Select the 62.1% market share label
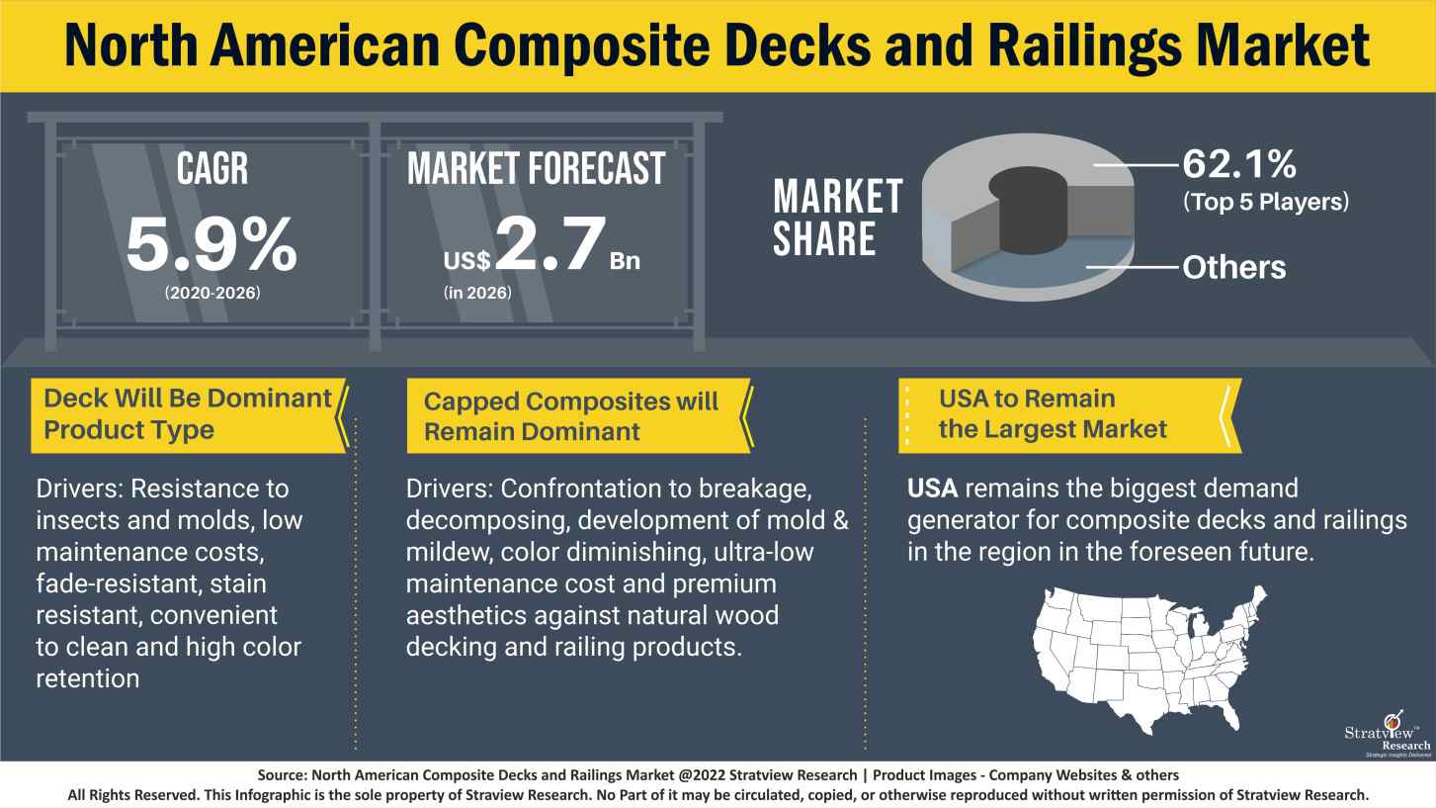(x=1238, y=162)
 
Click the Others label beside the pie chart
(x=1234, y=267)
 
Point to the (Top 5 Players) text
(x=1265, y=202)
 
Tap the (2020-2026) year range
(x=211, y=295)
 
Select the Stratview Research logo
(x=1387, y=733)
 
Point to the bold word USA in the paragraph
(x=934, y=489)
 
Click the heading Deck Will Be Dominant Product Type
(x=188, y=414)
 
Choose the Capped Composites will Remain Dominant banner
(x=571, y=416)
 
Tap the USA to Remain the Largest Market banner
(x=1053, y=414)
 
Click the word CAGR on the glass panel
(x=211, y=169)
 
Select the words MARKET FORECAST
(x=537, y=169)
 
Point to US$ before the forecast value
(x=466, y=261)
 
